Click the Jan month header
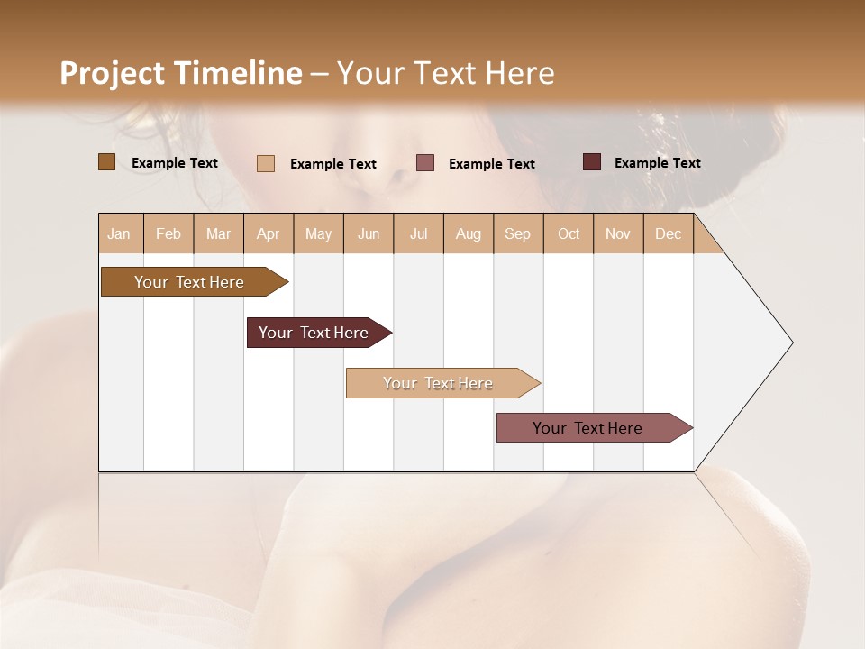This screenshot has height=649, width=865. pos(119,233)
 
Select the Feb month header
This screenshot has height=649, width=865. pos(168,233)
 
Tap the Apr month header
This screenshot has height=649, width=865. pos(268,233)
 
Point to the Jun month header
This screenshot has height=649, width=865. pos(369,233)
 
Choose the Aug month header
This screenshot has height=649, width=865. pos(469,233)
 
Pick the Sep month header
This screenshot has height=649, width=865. pos(517,233)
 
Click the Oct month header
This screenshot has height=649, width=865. pos(569,233)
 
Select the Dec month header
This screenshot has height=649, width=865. pos(668,233)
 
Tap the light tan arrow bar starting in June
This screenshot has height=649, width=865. pos(440,383)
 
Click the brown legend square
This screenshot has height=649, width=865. pos(107,162)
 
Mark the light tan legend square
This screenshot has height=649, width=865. pos(266,163)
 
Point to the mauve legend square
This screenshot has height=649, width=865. pos(425,163)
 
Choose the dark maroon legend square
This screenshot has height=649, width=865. pos(592,162)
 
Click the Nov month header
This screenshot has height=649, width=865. pos(618,233)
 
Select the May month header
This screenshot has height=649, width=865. pos(318,233)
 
